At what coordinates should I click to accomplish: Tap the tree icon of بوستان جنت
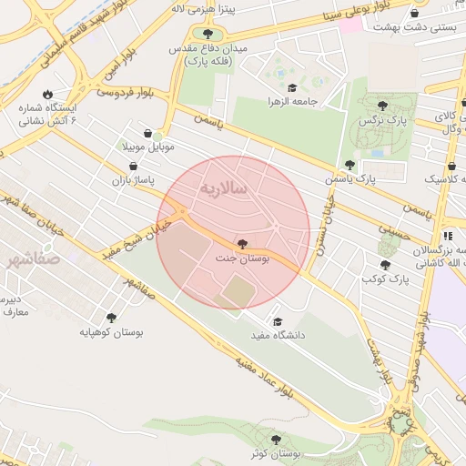pyautogui.click(x=241, y=243)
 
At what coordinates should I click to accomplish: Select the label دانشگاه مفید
pyautogui.click(x=282, y=336)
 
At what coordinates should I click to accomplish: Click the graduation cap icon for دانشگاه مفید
pyautogui.click(x=277, y=321)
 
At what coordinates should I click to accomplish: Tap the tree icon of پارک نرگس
pyautogui.click(x=381, y=106)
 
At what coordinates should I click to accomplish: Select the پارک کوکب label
pyautogui.click(x=386, y=279)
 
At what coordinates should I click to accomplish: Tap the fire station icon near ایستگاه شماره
pyautogui.click(x=46, y=94)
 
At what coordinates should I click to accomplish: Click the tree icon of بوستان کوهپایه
pyautogui.click(x=111, y=318)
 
